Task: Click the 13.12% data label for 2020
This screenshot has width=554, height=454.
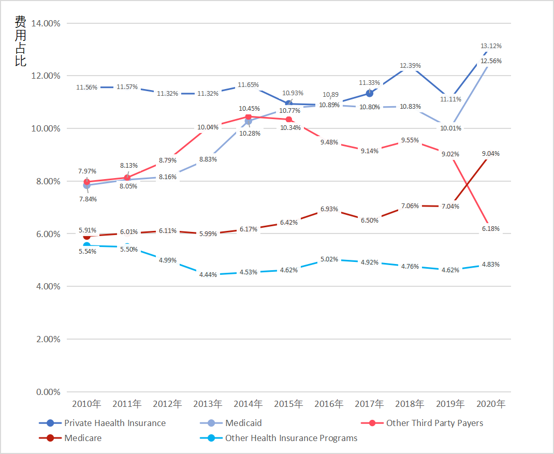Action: [491, 46]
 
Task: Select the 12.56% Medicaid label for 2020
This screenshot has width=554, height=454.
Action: [491, 61]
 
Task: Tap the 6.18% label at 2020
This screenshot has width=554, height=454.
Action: [491, 229]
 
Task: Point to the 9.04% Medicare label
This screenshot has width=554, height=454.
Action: [491, 154]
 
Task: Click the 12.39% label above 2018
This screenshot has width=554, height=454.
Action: [410, 66]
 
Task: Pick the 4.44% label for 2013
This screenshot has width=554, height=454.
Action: [208, 275]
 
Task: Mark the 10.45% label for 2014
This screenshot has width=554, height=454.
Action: [249, 109]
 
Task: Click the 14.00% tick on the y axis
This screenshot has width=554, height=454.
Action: [46, 23]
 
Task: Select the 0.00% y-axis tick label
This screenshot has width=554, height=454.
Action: [48, 392]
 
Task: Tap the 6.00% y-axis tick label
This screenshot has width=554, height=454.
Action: [48, 234]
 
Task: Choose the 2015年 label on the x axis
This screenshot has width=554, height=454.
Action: [288, 404]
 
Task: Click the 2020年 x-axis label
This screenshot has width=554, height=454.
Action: [491, 404]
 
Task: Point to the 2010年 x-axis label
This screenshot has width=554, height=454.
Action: [86, 404]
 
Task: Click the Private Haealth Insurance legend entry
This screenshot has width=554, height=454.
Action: [114, 423]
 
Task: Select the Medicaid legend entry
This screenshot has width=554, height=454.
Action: [243, 423]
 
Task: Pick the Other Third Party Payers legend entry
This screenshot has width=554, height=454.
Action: [434, 423]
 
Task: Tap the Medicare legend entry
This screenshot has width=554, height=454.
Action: [83, 438]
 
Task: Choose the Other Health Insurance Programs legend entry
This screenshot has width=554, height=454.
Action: [291, 438]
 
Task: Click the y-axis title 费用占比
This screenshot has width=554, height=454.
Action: [20, 41]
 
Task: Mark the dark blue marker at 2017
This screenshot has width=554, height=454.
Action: [369, 93]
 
